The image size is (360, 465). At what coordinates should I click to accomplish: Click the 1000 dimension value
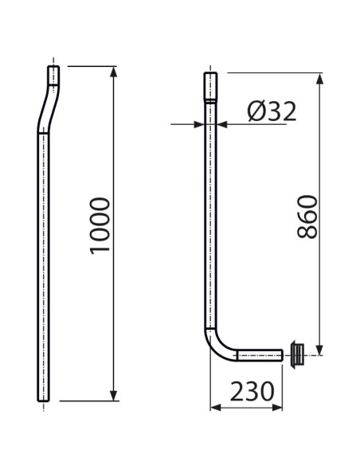pos(100,226)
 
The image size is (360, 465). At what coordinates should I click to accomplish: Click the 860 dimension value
pos(307,217)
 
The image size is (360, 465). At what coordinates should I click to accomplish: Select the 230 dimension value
pos(252,391)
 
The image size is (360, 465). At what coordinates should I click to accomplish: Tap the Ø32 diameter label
pos(272,111)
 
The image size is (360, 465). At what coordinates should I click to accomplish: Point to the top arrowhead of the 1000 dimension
pos(113,72)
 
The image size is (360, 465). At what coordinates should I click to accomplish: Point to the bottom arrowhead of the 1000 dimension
pos(113,396)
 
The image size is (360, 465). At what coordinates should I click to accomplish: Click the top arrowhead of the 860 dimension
pos(319,78)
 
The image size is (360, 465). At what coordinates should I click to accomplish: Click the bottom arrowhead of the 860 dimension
pos(319,350)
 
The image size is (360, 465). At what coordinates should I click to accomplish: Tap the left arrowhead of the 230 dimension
pos(216,408)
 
